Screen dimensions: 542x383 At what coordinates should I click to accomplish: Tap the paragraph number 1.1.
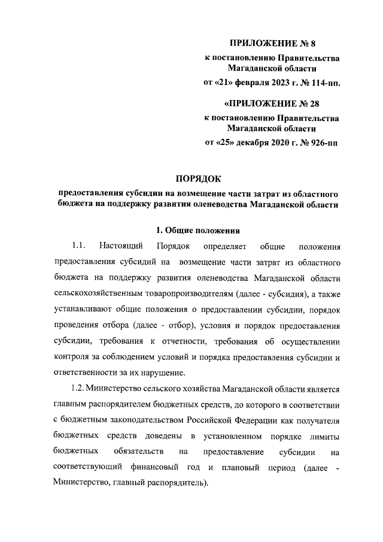pos(79,246)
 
